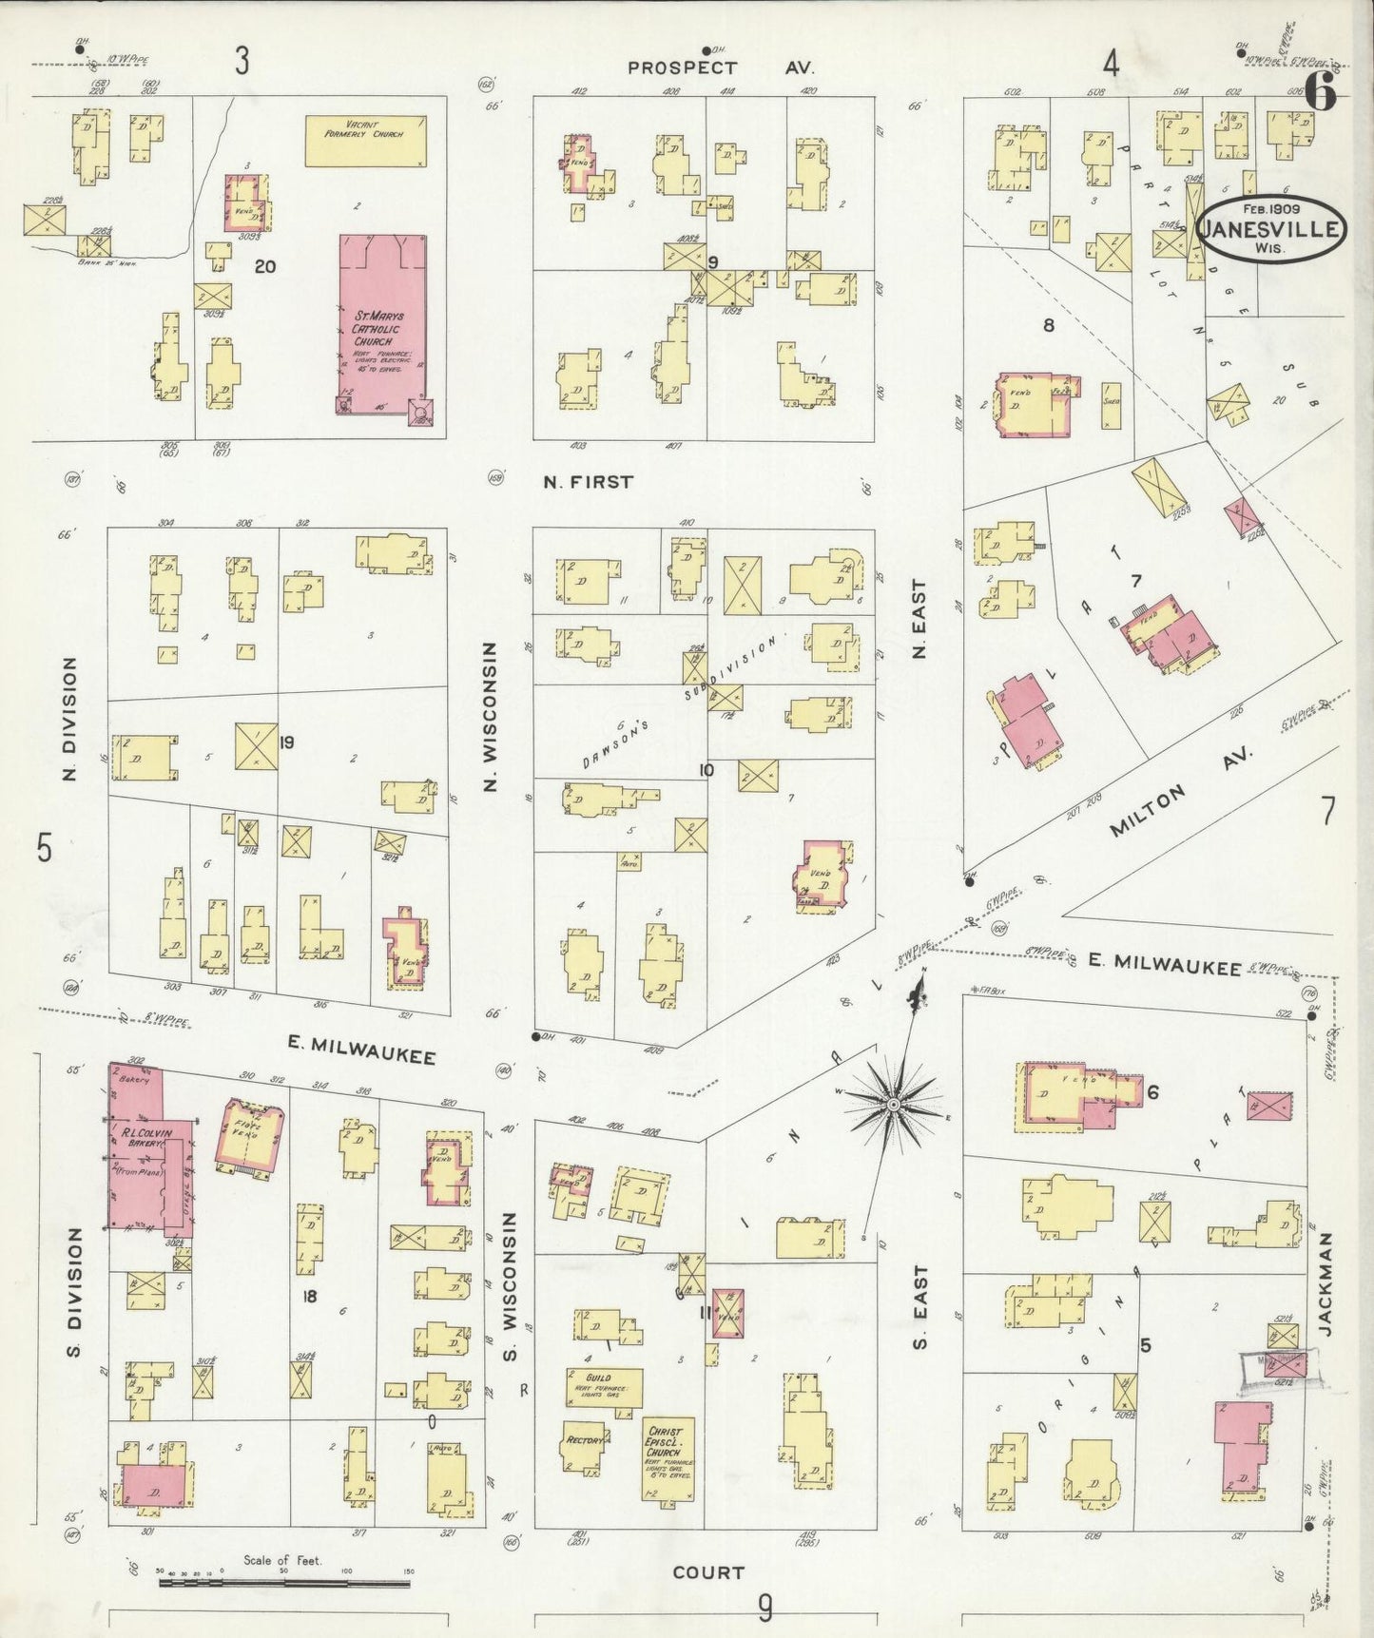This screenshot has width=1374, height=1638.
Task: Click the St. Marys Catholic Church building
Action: point(383,323)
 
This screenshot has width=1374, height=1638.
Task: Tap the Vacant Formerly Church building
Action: point(365,141)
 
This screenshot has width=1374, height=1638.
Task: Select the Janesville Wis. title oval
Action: point(1270,228)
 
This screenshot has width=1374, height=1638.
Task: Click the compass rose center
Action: point(893,1104)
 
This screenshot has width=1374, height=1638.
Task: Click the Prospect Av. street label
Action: point(720,67)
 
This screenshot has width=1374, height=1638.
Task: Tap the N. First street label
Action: point(588,482)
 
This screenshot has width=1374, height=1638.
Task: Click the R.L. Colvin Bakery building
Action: point(147,1150)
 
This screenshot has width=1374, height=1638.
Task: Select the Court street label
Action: point(708,1572)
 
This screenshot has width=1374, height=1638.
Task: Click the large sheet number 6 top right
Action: point(1320,92)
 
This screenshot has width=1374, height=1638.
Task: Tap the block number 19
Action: point(286,742)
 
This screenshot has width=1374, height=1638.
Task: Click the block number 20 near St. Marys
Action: point(265,266)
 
